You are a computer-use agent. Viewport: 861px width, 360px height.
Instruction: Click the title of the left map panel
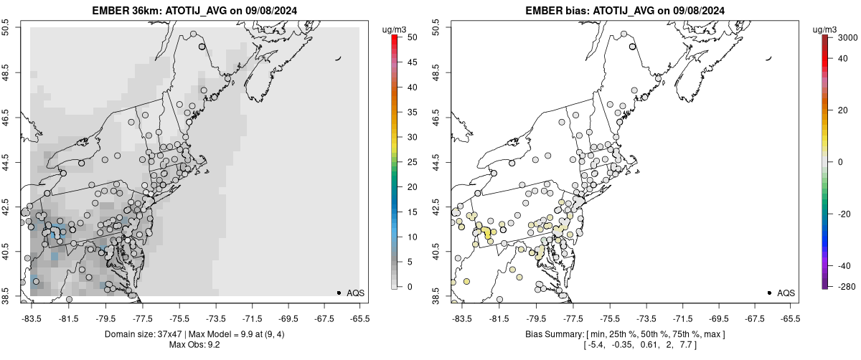(x=194, y=10)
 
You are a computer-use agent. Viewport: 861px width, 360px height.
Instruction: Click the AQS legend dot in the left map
(x=339, y=293)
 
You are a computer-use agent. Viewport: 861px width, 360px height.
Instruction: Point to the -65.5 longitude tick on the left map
(x=359, y=318)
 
